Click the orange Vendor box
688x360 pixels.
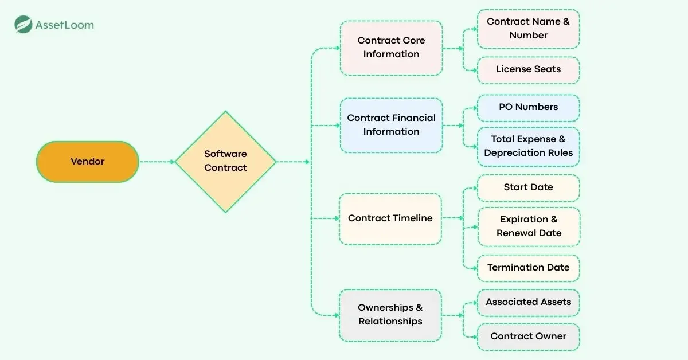coord(88,162)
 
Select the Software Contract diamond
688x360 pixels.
coord(225,161)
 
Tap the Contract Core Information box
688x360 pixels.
coord(391,48)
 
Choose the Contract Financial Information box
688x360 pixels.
coord(391,125)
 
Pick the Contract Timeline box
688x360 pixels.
coord(390,218)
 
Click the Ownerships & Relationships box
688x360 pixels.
coord(390,315)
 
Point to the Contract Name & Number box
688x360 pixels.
coord(528,29)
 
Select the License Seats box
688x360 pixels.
coord(528,69)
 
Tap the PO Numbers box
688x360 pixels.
coord(528,107)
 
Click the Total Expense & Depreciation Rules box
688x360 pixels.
coord(528,146)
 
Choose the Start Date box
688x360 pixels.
coord(528,187)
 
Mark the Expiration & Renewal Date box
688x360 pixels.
coord(528,226)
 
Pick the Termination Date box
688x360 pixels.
coord(528,268)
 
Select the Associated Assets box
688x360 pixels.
coord(528,302)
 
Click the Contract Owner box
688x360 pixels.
coord(528,336)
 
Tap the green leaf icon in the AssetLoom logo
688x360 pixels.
coord(23,25)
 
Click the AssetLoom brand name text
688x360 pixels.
coord(64,25)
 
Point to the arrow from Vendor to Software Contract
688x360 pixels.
coord(157,162)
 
